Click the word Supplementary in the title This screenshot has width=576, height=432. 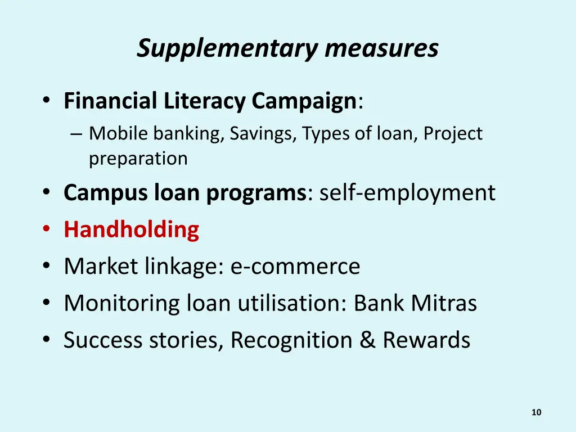click(x=228, y=49)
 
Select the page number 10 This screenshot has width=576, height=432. click(x=536, y=413)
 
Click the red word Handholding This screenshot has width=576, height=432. click(x=131, y=230)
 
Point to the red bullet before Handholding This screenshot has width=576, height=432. click(x=47, y=231)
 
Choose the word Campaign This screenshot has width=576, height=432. click(x=304, y=102)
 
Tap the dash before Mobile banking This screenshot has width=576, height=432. click(x=76, y=134)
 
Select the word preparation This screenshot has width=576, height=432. click(x=138, y=159)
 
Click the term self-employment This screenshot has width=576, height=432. click(x=407, y=193)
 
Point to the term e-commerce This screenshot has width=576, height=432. click(x=295, y=267)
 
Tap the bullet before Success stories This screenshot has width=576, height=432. click(x=47, y=341)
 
